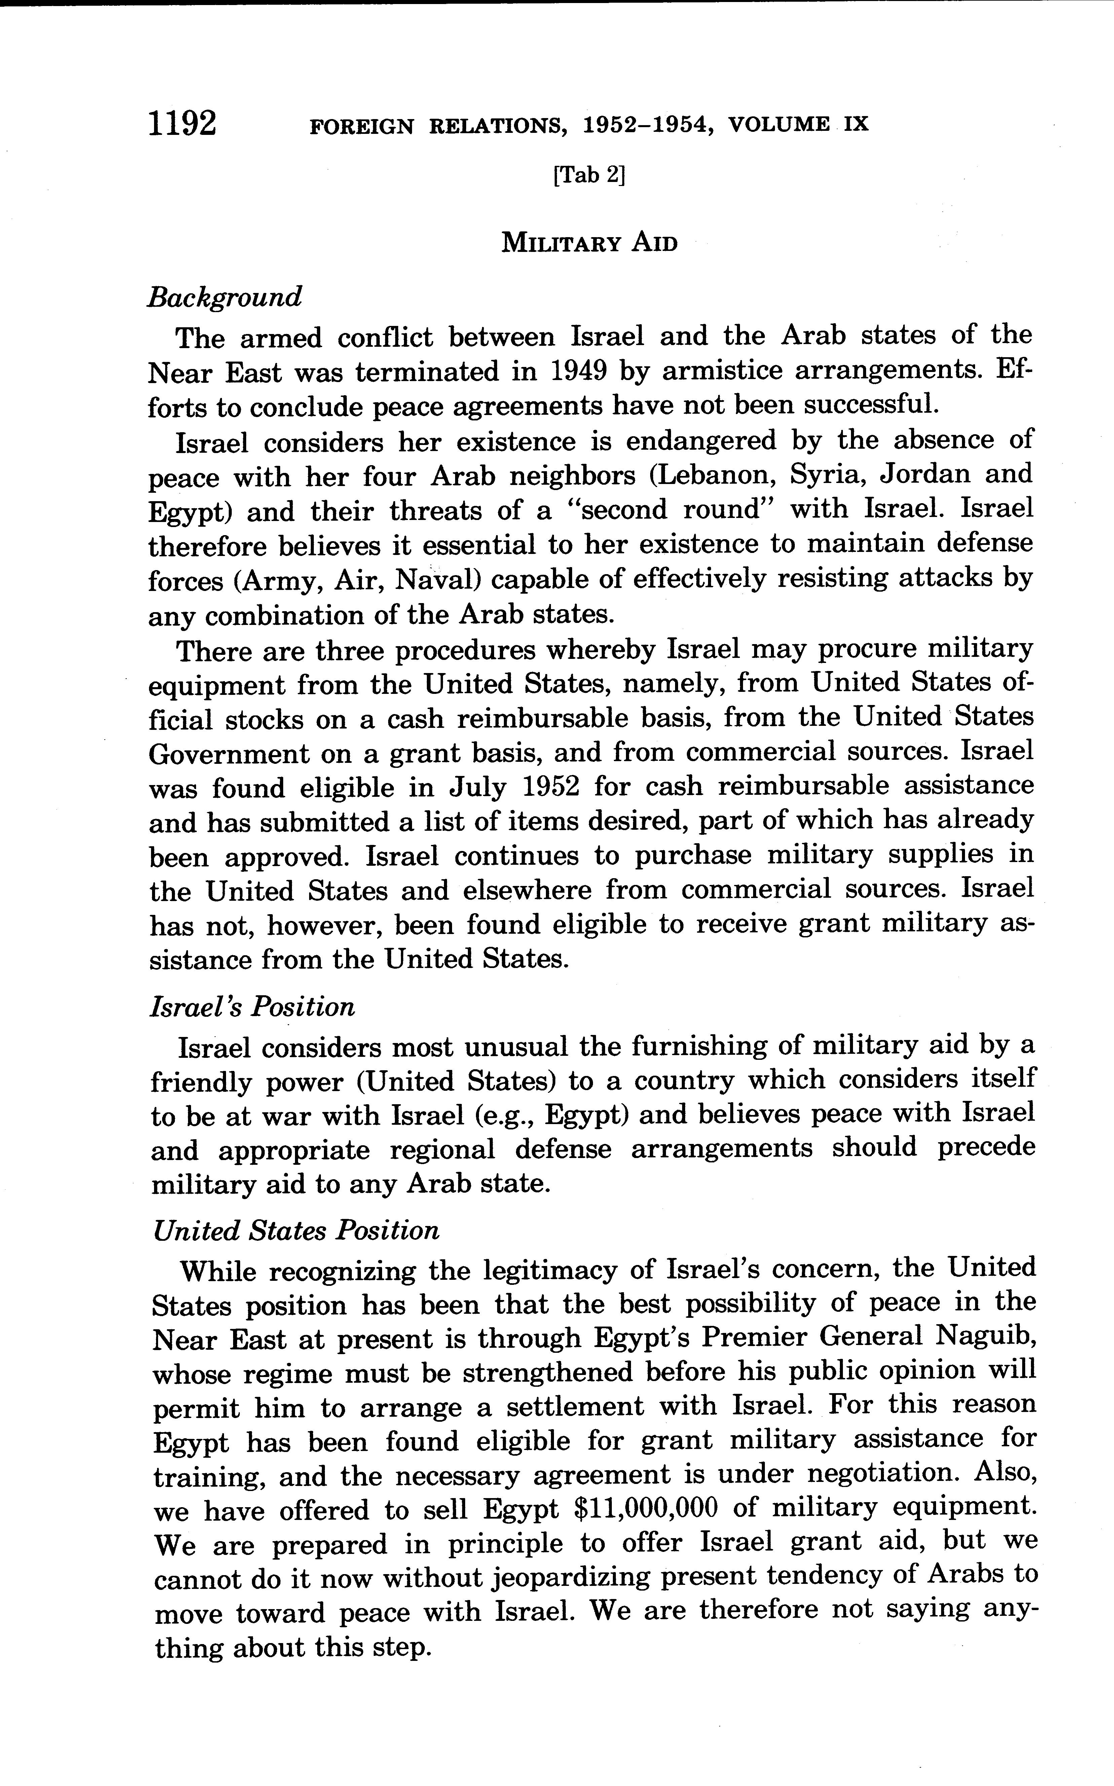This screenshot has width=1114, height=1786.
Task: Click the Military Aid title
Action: pos(589,243)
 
